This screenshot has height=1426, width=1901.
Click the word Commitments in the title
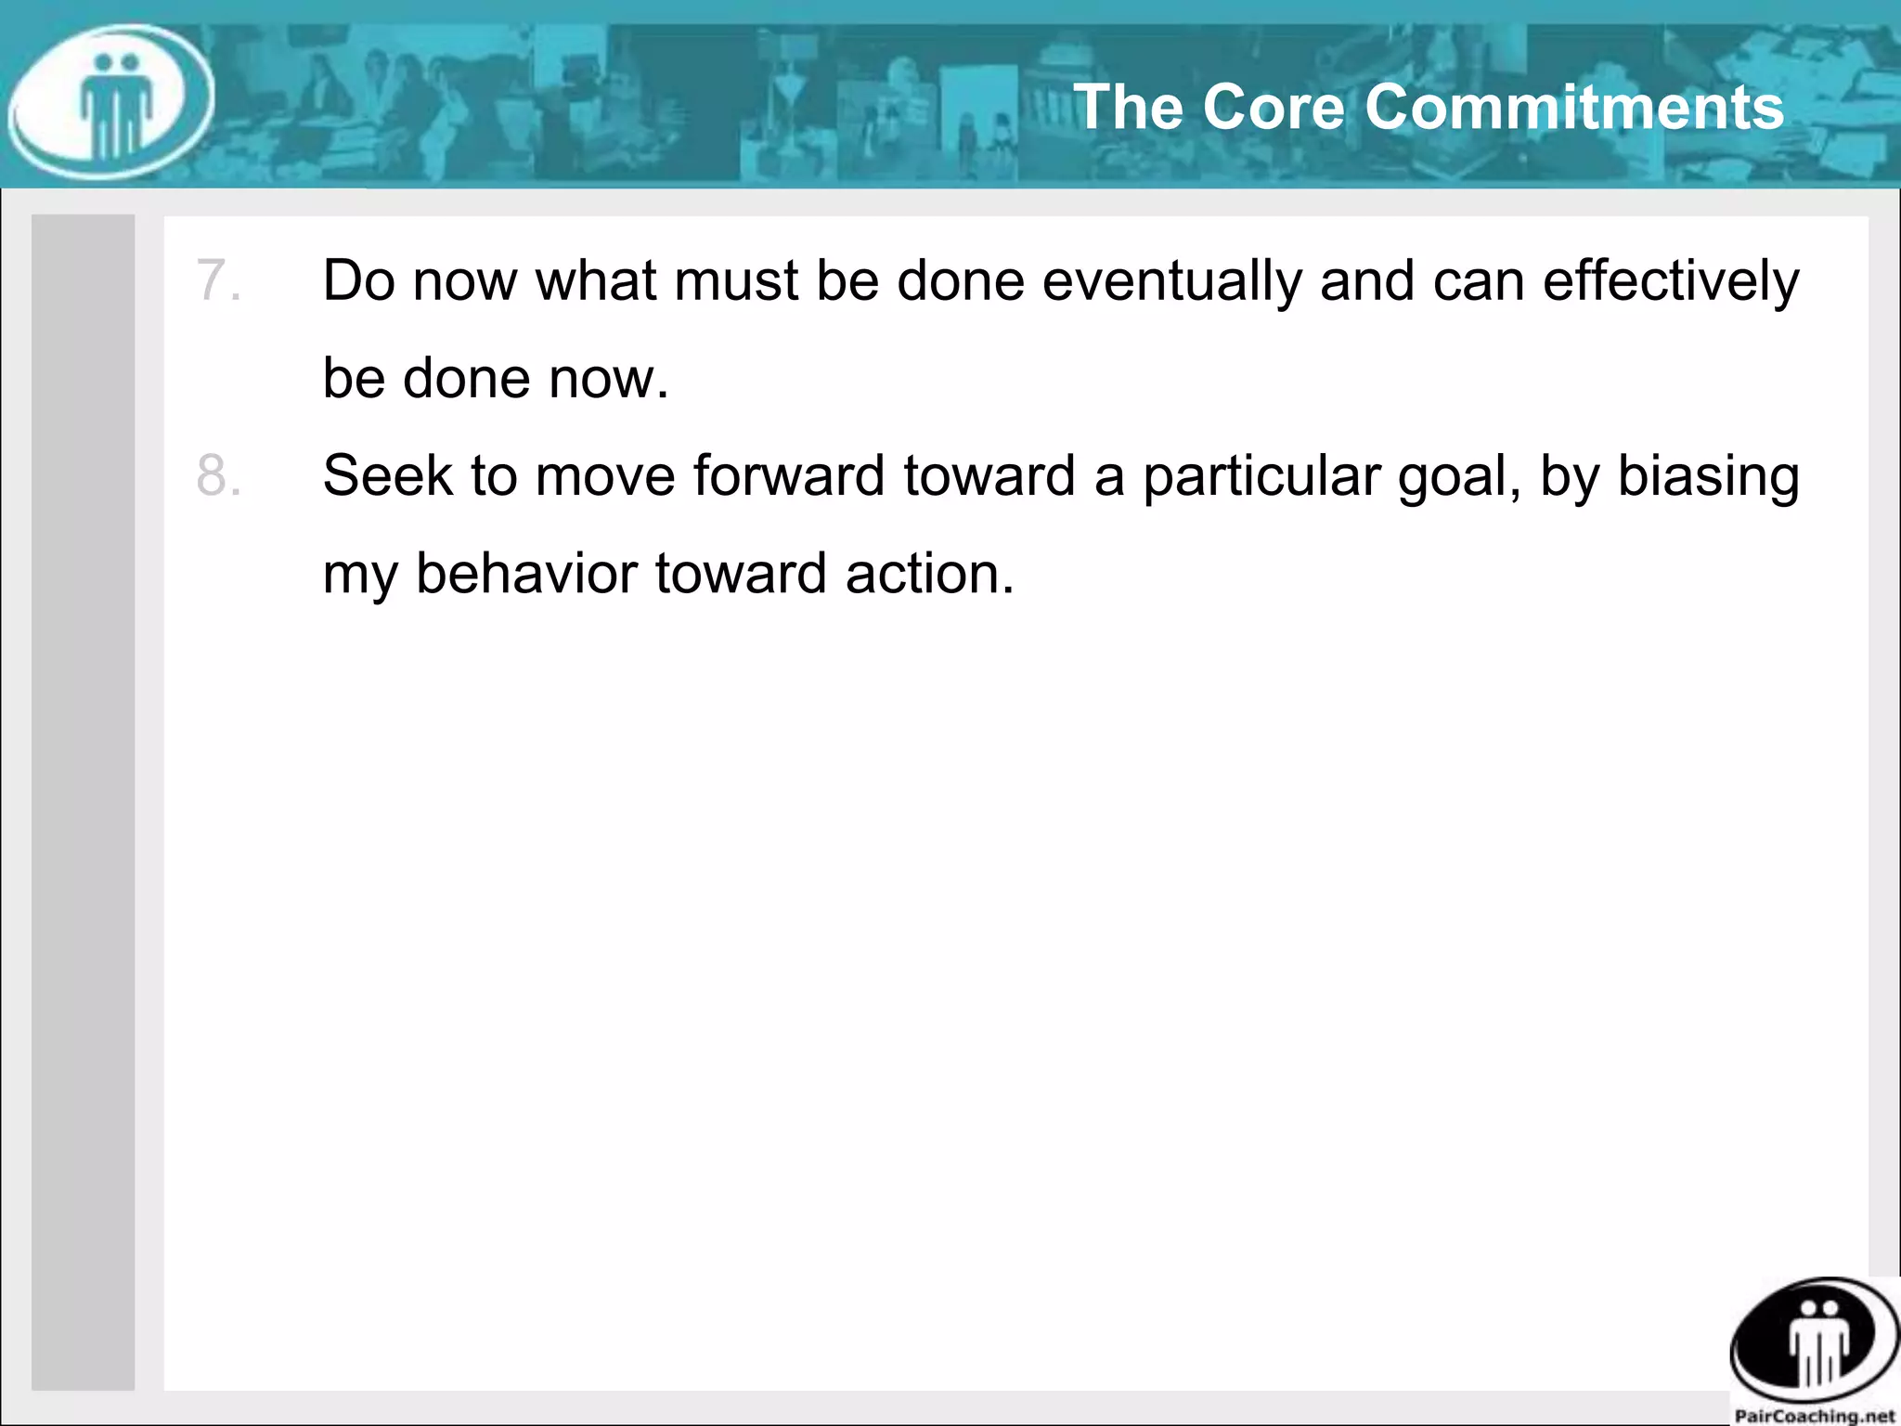1574,107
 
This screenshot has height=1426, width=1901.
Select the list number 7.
218,280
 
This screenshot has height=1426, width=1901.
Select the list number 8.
218,475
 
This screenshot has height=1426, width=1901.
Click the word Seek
387,476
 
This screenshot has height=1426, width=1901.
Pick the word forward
789,476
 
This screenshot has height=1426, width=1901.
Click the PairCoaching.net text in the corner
1815,1416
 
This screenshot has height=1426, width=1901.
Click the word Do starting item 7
358,281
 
